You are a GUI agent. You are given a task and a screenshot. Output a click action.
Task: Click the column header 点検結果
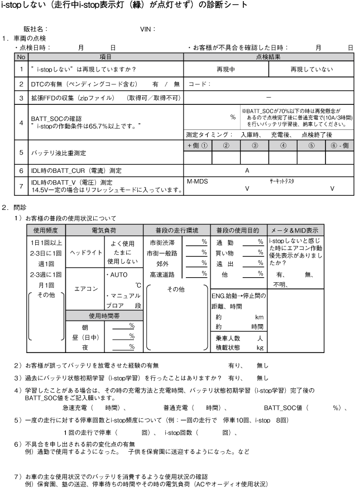pyautogui.click(x=269, y=57)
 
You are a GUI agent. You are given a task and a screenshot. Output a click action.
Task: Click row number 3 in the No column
pyautogui.click(x=21, y=98)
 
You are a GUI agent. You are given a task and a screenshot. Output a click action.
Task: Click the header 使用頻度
pyautogui.click(x=46, y=230)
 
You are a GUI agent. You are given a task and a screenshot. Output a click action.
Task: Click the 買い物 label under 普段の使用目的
pyautogui.click(x=226, y=253)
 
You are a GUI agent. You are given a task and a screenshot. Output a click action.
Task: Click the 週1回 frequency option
pyautogui.click(x=46, y=263)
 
